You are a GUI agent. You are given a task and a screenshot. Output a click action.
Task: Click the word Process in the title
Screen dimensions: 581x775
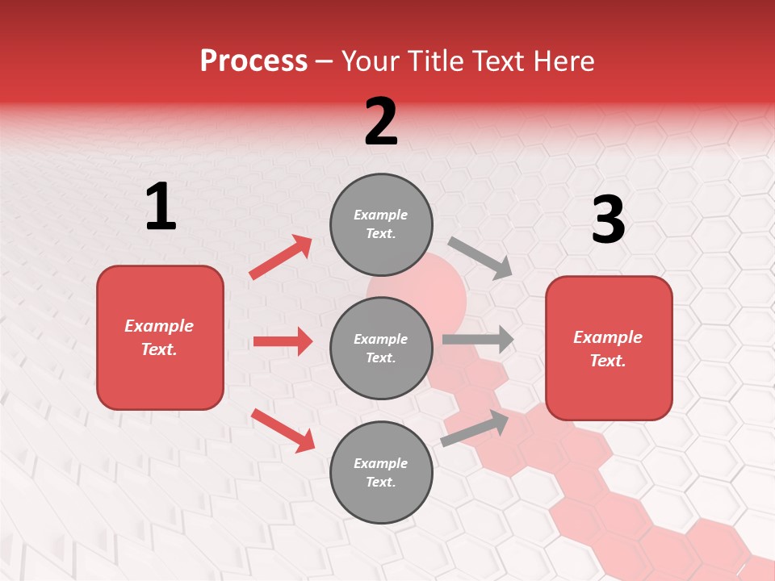[x=253, y=61]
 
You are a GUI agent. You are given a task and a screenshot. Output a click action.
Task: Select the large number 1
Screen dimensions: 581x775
[x=161, y=207]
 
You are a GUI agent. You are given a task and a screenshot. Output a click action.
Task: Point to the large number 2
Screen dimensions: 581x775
[x=381, y=122]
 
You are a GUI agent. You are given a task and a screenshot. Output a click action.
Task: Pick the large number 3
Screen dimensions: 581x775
[x=608, y=219]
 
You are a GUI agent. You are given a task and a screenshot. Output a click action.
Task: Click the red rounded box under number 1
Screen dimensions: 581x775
[x=160, y=337]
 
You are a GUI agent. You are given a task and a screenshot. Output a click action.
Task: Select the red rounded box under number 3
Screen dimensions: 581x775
[x=609, y=349]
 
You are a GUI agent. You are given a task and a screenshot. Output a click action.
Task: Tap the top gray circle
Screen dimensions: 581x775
[x=381, y=224]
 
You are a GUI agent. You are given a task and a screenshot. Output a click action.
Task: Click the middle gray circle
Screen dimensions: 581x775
[x=381, y=348]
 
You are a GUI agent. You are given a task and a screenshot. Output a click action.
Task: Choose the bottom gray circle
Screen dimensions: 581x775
[x=381, y=472]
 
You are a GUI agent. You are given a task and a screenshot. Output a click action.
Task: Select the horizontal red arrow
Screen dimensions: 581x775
[x=283, y=341]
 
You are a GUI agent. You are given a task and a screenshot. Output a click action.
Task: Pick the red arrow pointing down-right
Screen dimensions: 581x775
[x=283, y=430]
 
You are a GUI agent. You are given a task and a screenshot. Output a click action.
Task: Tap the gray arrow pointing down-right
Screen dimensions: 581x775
[x=480, y=258]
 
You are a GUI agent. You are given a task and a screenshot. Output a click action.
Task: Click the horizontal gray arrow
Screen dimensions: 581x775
[x=478, y=339]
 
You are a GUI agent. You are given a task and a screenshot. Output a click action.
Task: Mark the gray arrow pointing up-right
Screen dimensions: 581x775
[x=475, y=428]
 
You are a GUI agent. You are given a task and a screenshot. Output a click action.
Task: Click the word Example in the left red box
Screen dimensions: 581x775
[x=159, y=326]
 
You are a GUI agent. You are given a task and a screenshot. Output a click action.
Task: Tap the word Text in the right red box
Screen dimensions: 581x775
[x=607, y=361]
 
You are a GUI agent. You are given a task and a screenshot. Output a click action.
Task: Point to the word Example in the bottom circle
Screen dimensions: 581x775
[x=381, y=463]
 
